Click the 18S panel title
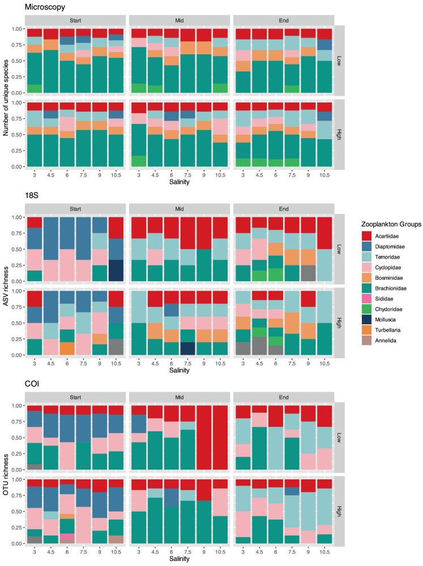click(32, 196)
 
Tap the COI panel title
click(32, 384)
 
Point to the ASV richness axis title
click(6, 285)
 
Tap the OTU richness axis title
click(6, 474)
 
